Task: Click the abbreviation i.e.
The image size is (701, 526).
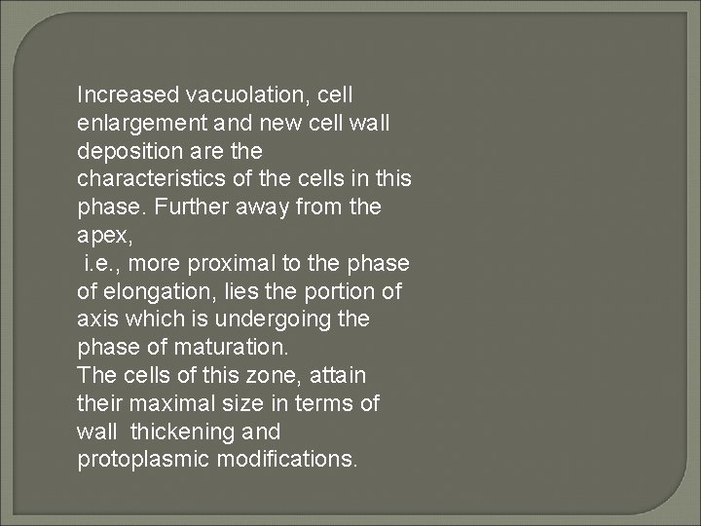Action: [104, 263]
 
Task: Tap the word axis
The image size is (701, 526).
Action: [94, 319]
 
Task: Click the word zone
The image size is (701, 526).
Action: [257, 375]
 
